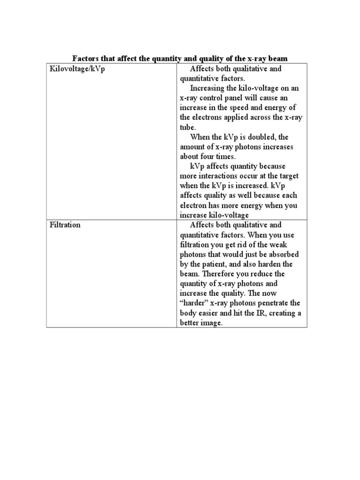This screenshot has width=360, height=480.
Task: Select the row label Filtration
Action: pos(65,225)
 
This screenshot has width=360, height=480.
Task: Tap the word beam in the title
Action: pos(277,59)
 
